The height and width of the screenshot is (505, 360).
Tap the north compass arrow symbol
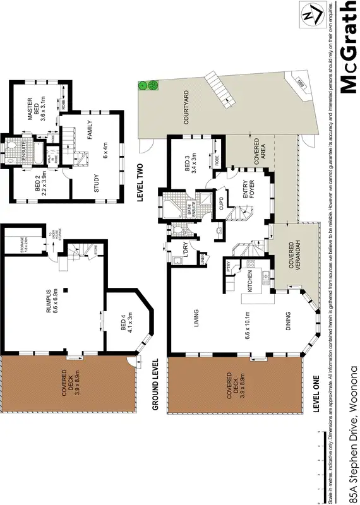[309, 15]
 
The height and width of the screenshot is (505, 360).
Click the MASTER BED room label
[30, 105]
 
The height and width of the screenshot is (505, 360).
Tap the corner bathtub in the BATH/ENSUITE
[170, 206]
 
